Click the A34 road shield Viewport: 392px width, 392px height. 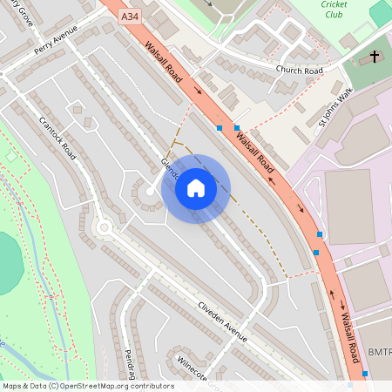click(130, 16)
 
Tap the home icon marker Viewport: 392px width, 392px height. click(196, 188)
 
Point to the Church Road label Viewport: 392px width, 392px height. click(299, 70)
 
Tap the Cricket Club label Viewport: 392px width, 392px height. click(335, 10)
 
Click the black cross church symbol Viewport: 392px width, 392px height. click(375, 56)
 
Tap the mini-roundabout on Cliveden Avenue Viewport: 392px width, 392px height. click(105, 228)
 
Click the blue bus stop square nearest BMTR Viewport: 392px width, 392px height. click(364, 374)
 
